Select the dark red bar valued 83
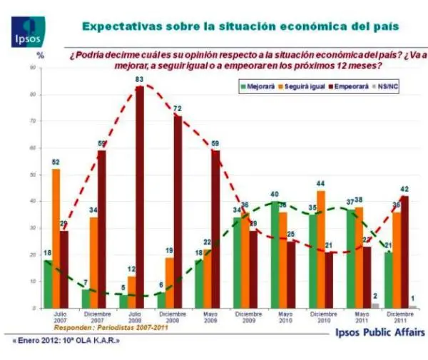(140, 196)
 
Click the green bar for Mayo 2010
(274, 254)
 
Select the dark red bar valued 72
(178, 211)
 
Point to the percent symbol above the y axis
(41, 55)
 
